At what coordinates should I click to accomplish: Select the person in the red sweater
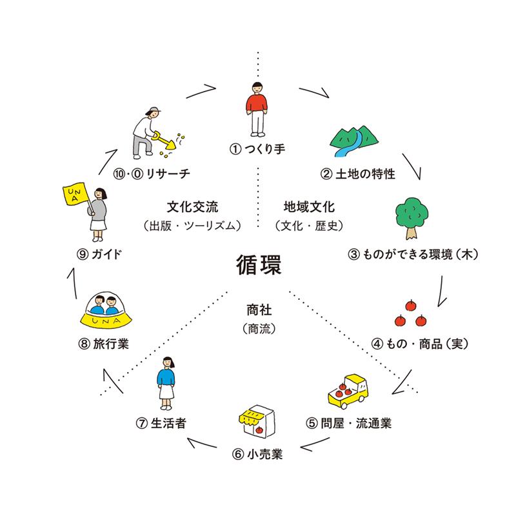click(x=257, y=108)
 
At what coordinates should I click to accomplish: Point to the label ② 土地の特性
click(x=357, y=174)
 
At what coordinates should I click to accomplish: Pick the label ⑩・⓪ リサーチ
click(x=152, y=174)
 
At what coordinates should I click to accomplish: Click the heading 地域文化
click(x=309, y=208)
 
